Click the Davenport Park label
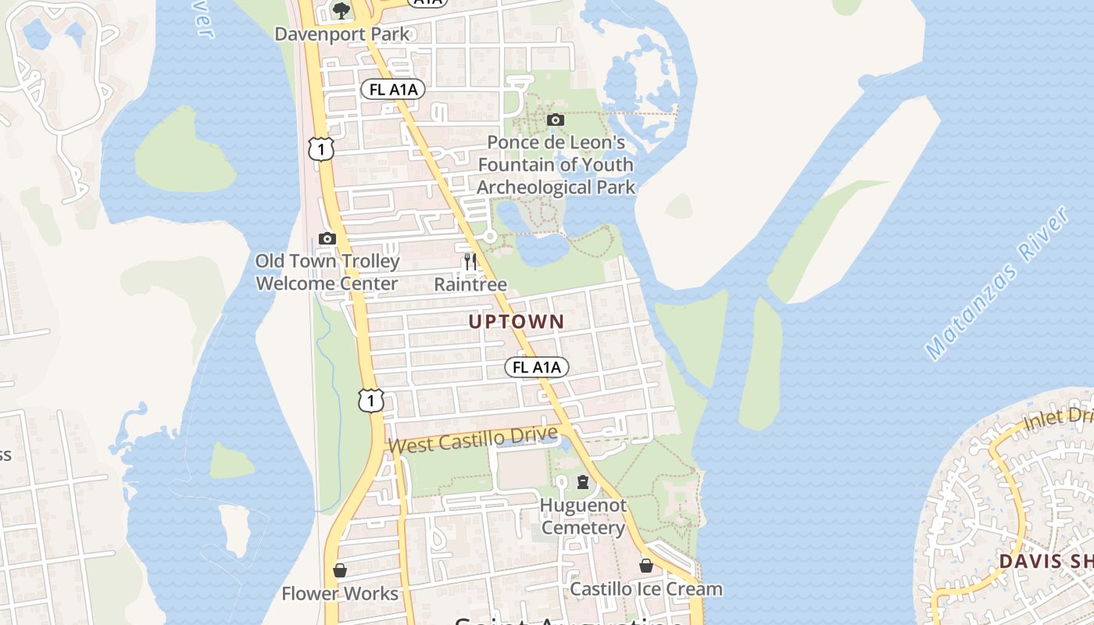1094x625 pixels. [x=342, y=34]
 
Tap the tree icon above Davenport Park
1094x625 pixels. [x=341, y=10]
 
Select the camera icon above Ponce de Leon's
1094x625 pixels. [x=556, y=120]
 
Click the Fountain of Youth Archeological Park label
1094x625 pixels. [x=556, y=165]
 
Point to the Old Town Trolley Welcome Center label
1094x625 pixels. [x=327, y=272]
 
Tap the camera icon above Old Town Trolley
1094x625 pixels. [x=327, y=238]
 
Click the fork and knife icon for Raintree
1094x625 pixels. [x=470, y=261]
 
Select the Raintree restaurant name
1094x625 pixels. [x=470, y=284]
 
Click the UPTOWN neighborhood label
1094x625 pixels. [x=516, y=321]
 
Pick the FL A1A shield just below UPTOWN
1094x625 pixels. [x=537, y=367]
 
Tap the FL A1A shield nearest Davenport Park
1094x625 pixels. [x=393, y=89]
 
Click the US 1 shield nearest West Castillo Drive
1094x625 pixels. [x=371, y=400]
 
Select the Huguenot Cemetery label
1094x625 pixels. [x=583, y=516]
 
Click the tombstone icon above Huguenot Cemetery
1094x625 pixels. [x=583, y=481]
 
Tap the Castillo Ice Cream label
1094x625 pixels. [x=645, y=589]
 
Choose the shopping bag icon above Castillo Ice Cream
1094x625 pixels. [x=646, y=565]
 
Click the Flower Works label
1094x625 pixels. [x=340, y=594]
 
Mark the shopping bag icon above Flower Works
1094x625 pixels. [x=340, y=570]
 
